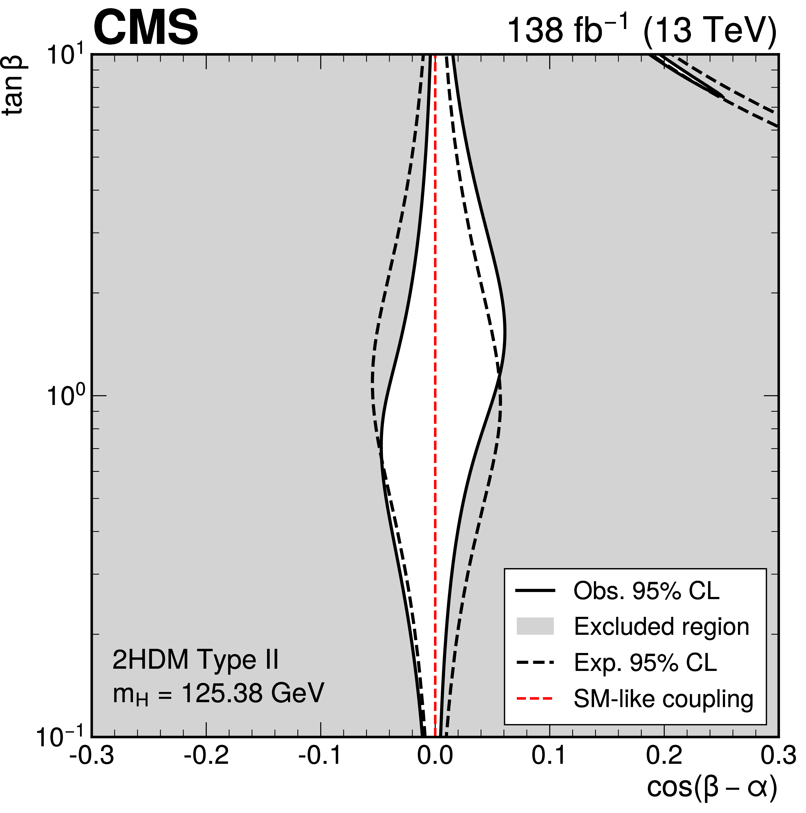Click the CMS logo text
(x=146, y=29)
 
